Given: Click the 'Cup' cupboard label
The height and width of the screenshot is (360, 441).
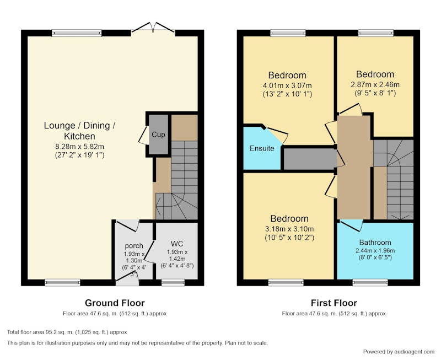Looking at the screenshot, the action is (158, 135).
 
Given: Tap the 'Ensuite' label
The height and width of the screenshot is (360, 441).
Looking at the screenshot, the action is (262, 148).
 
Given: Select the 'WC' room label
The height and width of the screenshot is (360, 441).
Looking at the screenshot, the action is (177, 244).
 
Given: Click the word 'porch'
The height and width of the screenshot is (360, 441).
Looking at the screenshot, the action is (134, 246).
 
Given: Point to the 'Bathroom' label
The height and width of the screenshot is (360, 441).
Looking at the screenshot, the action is (375, 243).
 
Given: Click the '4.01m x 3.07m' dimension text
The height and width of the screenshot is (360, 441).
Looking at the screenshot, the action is (287, 85).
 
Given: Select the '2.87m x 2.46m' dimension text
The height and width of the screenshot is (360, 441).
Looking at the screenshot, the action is (375, 84).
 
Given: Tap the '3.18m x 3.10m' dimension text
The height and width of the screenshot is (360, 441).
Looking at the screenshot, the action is (289, 229).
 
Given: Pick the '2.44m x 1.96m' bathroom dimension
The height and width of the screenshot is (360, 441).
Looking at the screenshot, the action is (375, 251).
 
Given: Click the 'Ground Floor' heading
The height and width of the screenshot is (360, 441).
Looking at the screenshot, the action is (115, 303).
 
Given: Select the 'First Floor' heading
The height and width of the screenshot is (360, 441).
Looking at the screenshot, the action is (334, 303).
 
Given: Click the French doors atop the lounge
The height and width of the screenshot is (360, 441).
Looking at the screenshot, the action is (153, 29).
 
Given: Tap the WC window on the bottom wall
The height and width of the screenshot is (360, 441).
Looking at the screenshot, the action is (173, 282).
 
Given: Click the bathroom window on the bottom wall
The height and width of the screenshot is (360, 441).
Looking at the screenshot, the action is (370, 282).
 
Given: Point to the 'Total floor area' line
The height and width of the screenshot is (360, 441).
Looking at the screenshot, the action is (67, 332).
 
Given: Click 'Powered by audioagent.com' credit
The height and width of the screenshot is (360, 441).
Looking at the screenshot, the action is (399, 352).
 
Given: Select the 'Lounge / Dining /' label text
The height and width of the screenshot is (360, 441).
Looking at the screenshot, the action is (79, 126).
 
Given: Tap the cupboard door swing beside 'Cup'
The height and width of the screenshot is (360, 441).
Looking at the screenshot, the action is (143, 135).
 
